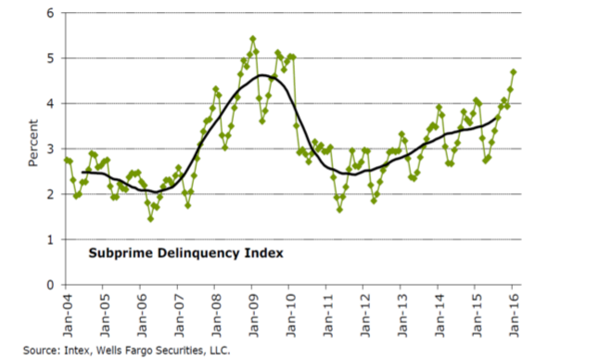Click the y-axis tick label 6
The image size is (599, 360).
[51, 13]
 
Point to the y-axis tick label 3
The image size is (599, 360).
[51, 149]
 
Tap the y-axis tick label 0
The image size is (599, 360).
[51, 285]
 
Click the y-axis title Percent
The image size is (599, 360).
[33, 143]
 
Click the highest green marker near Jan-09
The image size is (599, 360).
[253, 39]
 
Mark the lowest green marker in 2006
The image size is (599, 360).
[150, 219]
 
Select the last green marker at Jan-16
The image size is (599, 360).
[514, 71]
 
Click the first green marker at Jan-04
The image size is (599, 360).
[67, 161]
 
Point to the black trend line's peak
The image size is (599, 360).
[262, 75]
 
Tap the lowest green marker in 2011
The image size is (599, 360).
[339, 210]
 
